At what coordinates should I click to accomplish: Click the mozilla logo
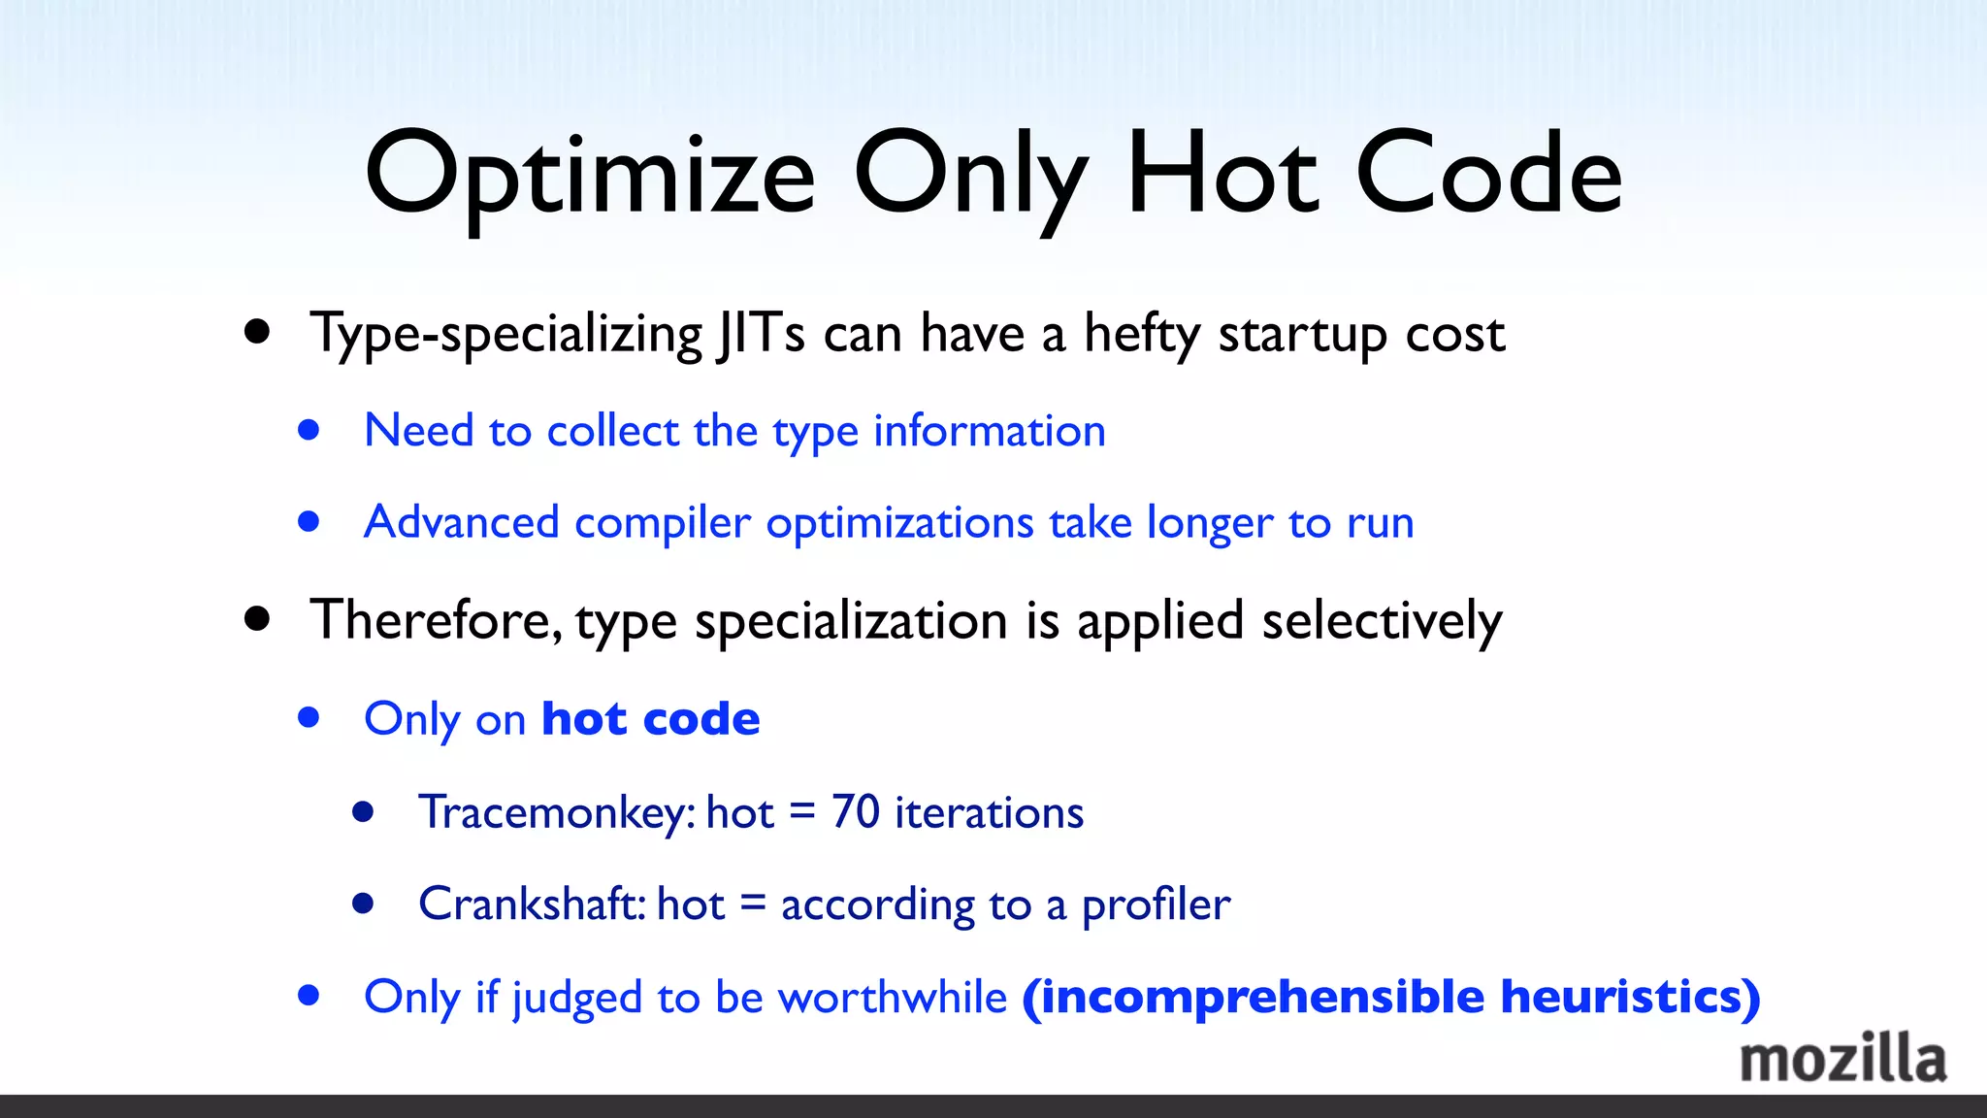(x=1842, y=1059)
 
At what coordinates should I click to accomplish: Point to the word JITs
(x=760, y=334)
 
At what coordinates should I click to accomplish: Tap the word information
(x=990, y=430)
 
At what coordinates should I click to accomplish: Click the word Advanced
(x=462, y=522)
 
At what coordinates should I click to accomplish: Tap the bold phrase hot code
(x=651, y=719)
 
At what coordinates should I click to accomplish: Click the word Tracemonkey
(x=556, y=812)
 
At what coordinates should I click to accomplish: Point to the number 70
(x=855, y=811)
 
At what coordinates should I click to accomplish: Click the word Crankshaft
(x=532, y=904)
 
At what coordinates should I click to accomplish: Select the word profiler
(x=1156, y=905)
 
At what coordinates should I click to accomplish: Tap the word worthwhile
(x=893, y=997)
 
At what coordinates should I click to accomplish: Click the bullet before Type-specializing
(x=257, y=333)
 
